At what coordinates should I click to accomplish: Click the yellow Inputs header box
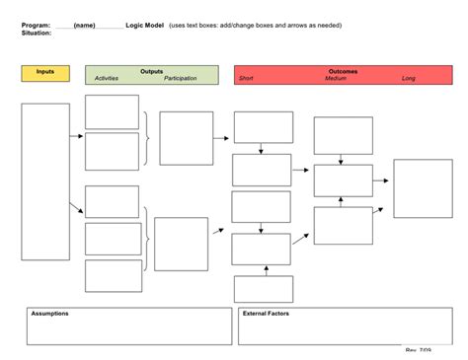pos(45,73)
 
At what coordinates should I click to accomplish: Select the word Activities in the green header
pos(106,78)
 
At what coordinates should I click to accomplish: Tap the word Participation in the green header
pos(181,78)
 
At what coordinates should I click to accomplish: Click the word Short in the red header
pos(247,78)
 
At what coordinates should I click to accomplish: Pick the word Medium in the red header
pos(336,78)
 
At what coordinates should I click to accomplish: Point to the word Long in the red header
pos(409,78)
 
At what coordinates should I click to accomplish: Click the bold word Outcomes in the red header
pos(343,71)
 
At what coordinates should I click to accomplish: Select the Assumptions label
pos(49,314)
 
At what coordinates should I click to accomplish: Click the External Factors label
pos(265,314)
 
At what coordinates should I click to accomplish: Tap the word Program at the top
pos(35,24)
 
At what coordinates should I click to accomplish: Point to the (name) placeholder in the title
pos(84,24)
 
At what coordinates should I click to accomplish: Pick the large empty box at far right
pos(424,187)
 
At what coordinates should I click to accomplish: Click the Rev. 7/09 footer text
pos(419,351)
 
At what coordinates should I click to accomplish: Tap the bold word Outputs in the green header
pos(152,71)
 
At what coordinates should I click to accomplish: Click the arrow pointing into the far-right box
pos(381,181)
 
